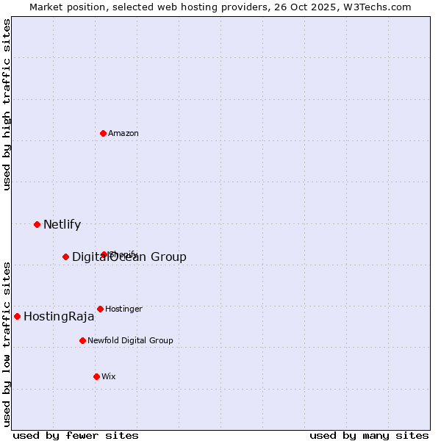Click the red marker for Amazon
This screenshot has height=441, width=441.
click(x=103, y=133)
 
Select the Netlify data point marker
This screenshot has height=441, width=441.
click(x=37, y=224)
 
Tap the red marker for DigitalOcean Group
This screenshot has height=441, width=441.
click(x=65, y=257)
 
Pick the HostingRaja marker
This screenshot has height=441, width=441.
click(x=17, y=316)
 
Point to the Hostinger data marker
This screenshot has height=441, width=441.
click(x=100, y=309)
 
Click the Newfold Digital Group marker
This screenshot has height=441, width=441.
click(x=82, y=340)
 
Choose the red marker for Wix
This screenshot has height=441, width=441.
click(x=96, y=376)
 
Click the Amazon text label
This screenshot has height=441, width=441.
click(x=123, y=133)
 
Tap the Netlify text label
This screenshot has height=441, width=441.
click(x=62, y=224)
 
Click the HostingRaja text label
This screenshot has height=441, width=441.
click(x=59, y=317)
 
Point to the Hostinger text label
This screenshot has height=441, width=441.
click(x=123, y=309)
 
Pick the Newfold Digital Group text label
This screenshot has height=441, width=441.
click(x=130, y=340)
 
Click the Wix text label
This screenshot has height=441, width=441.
click(x=109, y=376)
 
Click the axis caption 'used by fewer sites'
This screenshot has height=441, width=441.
click(x=76, y=435)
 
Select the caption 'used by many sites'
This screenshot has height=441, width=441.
click(x=369, y=435)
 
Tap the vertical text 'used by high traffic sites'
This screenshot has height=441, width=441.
click(x=7, y=104)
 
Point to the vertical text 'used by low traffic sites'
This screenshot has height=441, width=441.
click(x=7, y=344)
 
